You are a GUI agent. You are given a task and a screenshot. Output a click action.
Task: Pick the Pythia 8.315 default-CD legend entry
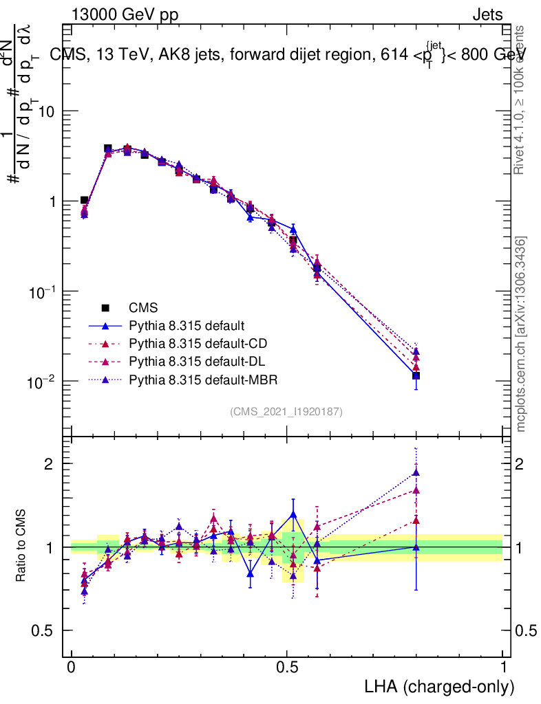coord(195,343)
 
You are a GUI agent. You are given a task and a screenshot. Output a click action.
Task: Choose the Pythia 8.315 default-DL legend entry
coord(194,361)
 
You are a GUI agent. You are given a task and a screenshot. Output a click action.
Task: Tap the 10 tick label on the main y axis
coord(47,111)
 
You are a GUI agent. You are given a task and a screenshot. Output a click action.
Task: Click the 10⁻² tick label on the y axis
coord(41,382)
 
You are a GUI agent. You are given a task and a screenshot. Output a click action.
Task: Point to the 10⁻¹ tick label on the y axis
coord(41,292)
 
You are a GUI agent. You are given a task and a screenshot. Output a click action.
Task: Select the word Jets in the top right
coord(487,14)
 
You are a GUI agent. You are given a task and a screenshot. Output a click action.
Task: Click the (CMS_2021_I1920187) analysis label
coord(286,411)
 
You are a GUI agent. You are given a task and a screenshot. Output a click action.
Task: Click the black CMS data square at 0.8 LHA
coord(416,375)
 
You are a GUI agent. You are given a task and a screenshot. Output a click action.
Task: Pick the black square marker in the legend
coord(105,308)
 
